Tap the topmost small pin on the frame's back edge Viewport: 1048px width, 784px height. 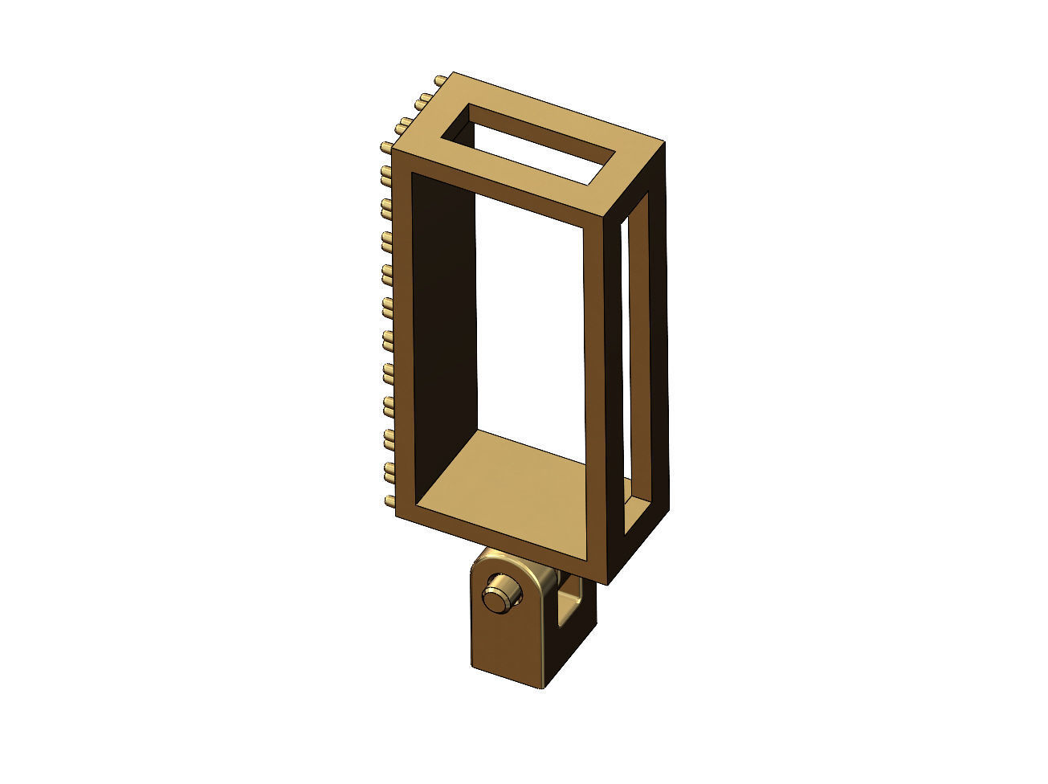(440, 81)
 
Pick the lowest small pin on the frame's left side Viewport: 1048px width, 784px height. (389, 502)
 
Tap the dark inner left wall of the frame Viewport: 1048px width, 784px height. (444, 321)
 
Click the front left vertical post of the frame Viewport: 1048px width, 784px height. (405, 337)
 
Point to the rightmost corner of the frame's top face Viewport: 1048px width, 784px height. (663, 145)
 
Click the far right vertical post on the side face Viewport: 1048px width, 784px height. (657, 345)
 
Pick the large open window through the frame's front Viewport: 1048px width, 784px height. (530, 321)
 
